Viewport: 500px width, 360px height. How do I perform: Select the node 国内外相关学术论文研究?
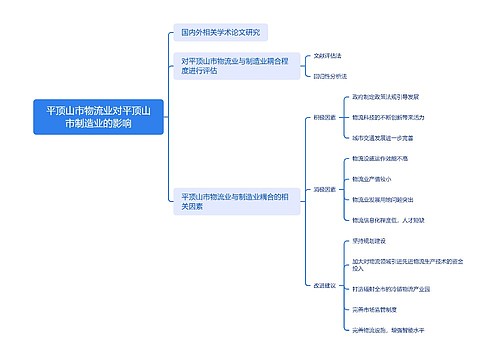217,33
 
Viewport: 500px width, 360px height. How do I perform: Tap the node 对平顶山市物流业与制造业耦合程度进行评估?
233,66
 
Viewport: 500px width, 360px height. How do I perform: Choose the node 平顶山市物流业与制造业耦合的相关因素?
234,200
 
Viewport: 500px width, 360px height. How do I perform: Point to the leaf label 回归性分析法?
330,76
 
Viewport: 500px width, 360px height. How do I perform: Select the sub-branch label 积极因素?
325,117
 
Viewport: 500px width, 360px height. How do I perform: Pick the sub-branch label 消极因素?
325,188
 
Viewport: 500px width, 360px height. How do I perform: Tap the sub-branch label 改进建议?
325,285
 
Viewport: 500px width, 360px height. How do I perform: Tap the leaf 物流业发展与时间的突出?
387,199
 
